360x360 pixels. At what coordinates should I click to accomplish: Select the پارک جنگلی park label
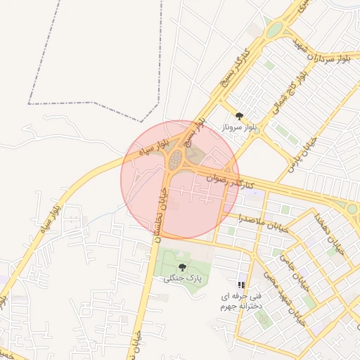coord(182,278)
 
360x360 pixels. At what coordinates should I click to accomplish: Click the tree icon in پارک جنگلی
coord(183,267)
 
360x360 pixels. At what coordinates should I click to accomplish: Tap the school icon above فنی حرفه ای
coord(241,285)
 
